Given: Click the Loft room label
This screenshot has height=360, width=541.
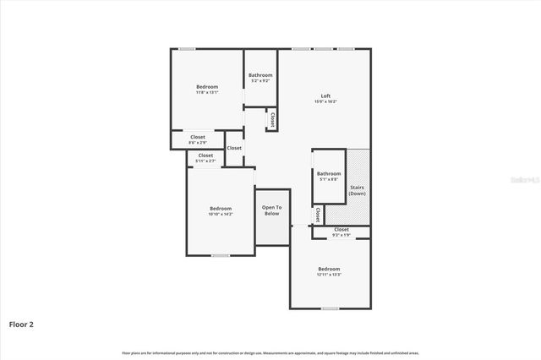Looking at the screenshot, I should pos(325,95).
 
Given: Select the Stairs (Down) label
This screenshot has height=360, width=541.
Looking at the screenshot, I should pos(357,189).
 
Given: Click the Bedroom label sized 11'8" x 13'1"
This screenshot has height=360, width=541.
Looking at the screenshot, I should pos(207,87).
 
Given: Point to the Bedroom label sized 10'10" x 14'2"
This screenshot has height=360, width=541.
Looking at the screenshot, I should pos(221,208).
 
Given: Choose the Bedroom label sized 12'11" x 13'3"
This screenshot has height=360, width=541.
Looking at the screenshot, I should pos(329,269).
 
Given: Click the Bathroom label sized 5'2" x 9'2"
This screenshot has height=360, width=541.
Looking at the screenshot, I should pos(260,75).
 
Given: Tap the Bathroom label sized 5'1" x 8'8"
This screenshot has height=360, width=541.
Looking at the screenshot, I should pos(329,174).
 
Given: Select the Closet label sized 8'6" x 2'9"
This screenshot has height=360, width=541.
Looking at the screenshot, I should pos(198,137).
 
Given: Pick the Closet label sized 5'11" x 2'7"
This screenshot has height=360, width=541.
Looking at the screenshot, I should pos(206,155).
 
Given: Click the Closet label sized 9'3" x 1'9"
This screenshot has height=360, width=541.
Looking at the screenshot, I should pos(342,230).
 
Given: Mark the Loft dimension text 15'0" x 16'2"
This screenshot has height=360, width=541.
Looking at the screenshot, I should pos(325,101).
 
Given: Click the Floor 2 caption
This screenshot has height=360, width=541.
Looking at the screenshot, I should pos(21,324).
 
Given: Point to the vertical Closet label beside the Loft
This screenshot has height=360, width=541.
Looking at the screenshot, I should pos(272,120).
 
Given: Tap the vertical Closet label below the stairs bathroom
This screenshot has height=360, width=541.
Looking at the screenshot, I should pos(317,215).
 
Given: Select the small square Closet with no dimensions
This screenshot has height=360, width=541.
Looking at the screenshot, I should pos(234,148).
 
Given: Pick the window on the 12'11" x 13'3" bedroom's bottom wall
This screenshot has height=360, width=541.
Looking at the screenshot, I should pos(330,308).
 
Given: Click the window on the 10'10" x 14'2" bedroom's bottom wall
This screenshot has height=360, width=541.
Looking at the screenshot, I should pos(220,255).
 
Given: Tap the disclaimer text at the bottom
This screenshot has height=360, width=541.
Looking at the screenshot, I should pos(270,352).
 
